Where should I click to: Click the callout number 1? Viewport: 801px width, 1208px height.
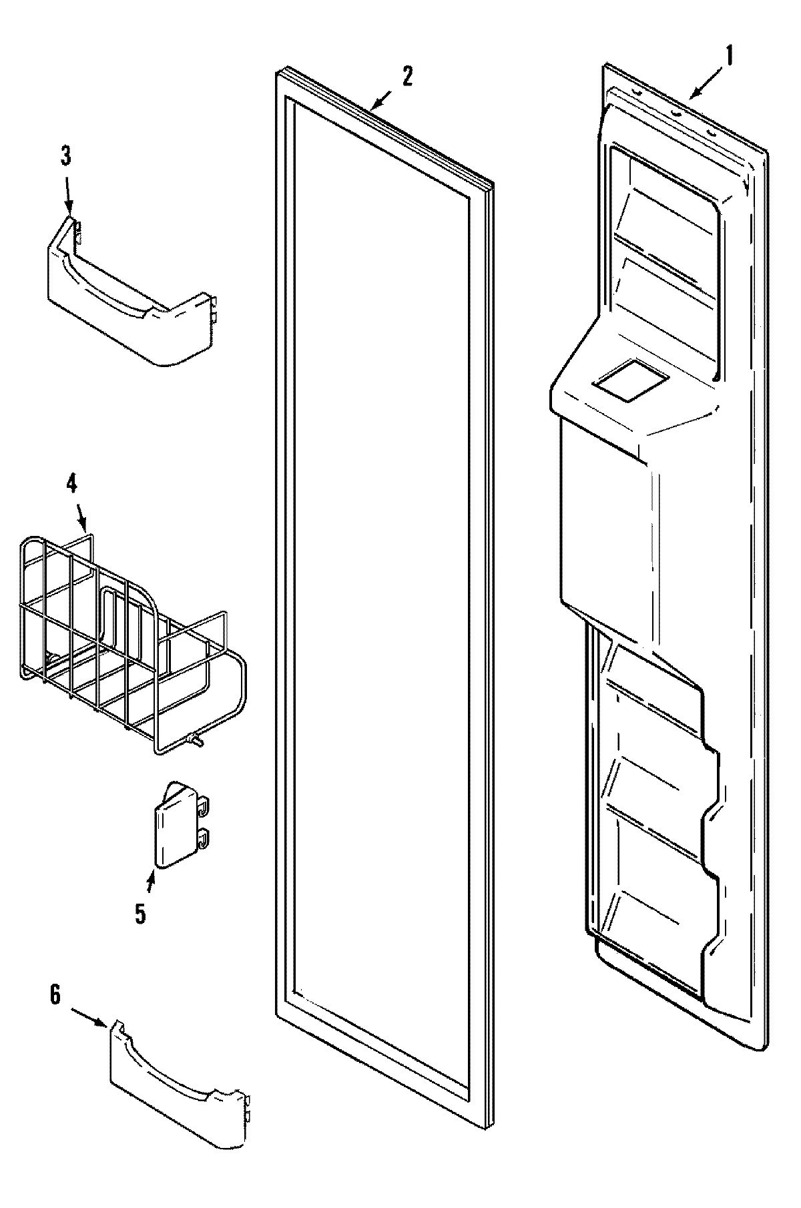pos(729,57)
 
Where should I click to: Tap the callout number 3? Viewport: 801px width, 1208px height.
pos(65,156)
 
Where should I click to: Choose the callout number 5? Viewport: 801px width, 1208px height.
pos(140,913)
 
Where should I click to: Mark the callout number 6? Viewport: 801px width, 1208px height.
pos(55,996)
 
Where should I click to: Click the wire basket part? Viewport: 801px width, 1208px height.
pos(127,641)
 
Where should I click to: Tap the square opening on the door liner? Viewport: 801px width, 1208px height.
pos(629,380)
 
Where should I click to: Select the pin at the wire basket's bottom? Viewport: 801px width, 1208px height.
pos(196,738)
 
